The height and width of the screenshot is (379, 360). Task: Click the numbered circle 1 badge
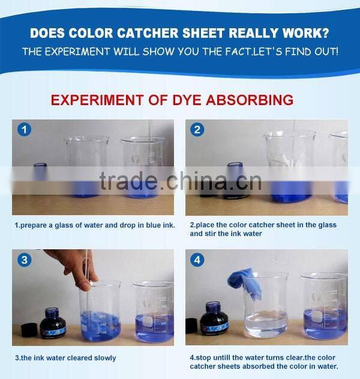click(25, 130)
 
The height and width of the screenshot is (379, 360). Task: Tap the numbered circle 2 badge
click(197, 130)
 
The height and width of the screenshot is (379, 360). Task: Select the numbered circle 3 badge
click(25, 260)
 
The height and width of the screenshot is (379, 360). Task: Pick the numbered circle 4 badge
click(197, 260)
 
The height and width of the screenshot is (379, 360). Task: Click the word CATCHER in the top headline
click(147, 33)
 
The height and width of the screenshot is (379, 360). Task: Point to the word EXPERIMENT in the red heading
click(98, 100)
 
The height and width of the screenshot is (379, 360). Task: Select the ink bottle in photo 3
click(52, 323)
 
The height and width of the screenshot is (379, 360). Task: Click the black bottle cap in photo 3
click(29, 330)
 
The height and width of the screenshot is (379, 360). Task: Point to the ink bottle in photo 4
click(214, 318)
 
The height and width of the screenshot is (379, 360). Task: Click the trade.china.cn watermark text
click(181, 181)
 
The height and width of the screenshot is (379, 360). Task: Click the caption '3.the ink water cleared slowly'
click(65, 358)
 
